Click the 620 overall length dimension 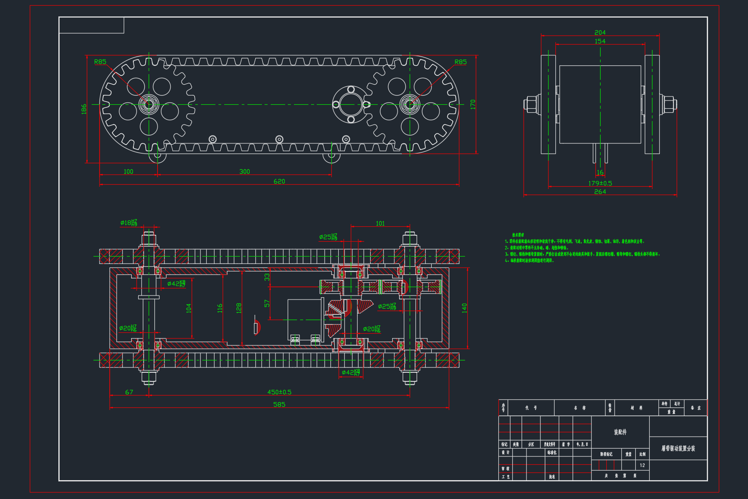279,181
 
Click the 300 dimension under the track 244,171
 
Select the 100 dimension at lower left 128,171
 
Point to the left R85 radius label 100,62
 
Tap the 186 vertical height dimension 84,109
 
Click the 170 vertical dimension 472,104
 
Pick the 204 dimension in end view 600,32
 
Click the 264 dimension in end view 600,192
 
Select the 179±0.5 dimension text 600,183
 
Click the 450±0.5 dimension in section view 279,392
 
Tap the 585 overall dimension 279,404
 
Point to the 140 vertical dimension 464,308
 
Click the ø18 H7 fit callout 129,223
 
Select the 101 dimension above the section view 380,223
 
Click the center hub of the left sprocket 148,104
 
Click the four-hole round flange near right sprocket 351,104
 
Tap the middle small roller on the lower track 279,139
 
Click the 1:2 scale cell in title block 642,465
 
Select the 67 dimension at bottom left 129,392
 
